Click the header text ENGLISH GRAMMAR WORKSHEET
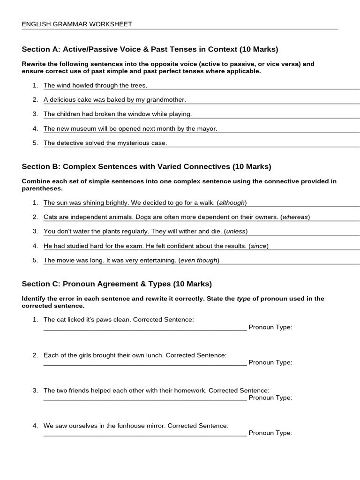click(77, 24)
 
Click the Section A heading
click(150, 49)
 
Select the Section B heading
click(146, 166)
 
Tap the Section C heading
click(117, 284)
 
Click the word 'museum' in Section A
click(82, 128)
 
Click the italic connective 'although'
click(232, 202)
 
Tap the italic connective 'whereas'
click(295, 217)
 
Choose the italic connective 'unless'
click(236, 231)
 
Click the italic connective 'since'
click(259, 246)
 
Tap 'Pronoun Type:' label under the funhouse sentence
click(270, 433)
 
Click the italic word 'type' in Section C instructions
click(243, 299)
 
